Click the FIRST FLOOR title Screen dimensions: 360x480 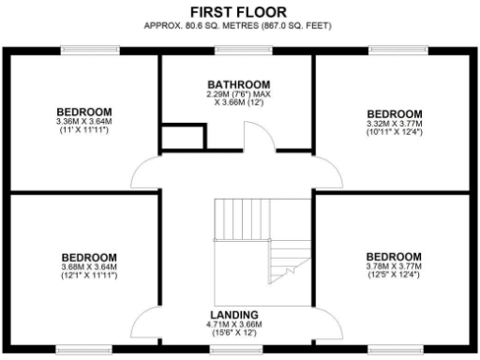(x=239, y=10)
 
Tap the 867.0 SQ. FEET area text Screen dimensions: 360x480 (x=301, y=24)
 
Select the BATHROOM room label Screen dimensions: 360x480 (x=238, y=83)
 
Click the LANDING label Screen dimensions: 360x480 (x=236, y=314)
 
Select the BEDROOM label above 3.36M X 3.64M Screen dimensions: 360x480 (x=83, y=110)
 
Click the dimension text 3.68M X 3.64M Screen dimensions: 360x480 (x=89, y=267)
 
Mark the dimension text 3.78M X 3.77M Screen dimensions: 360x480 (x=394, y=267)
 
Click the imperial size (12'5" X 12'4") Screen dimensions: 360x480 (x=394, y=277)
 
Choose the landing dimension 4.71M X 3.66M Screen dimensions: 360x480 (x=236, y=324)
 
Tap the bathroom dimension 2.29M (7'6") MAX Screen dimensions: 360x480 (x=238, y=94)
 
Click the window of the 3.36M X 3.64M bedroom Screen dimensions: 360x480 (x=83, y=50)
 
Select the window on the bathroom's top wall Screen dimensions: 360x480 (x=237, y=50)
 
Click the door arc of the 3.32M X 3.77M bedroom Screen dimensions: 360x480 (x=328, y=172)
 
